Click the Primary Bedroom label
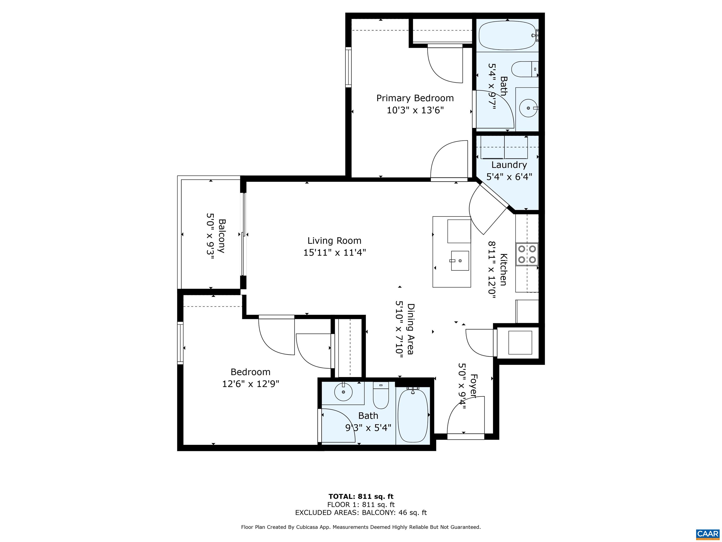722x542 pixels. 415,98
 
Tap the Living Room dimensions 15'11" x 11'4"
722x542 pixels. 335,253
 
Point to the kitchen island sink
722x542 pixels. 460,261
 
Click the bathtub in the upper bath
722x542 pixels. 508,35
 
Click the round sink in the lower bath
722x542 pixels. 343,392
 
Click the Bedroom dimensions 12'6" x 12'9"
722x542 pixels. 251,383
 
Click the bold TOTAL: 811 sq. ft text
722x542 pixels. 361,497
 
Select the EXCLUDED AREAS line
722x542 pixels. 361,513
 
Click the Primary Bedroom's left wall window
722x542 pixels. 349,67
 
